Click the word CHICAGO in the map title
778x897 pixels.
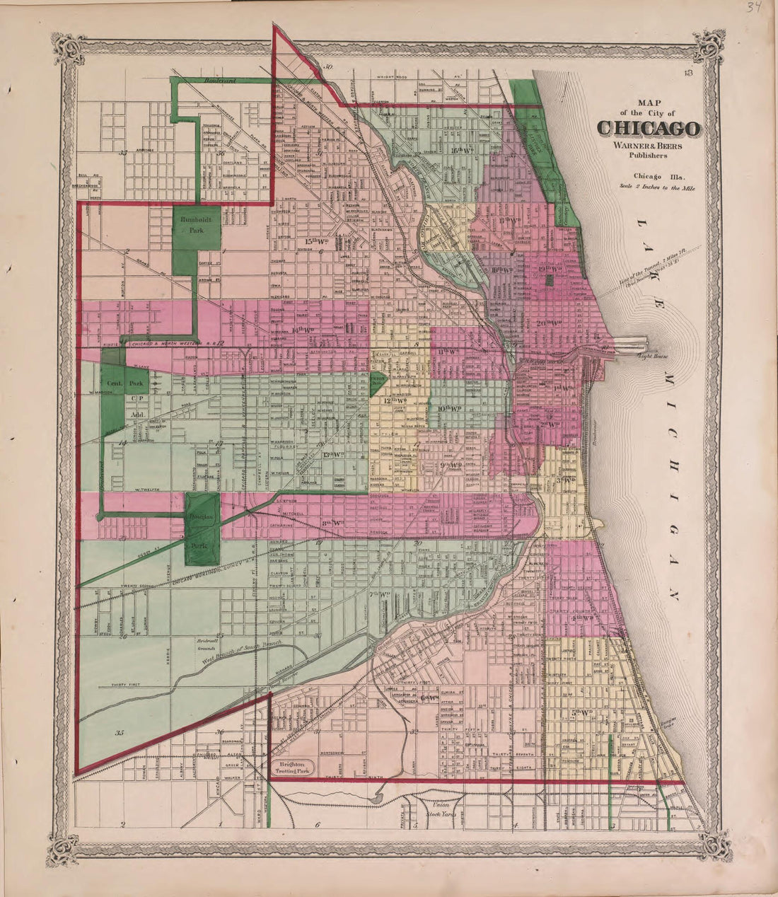(649, 129)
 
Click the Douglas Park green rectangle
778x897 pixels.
(202, 529)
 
